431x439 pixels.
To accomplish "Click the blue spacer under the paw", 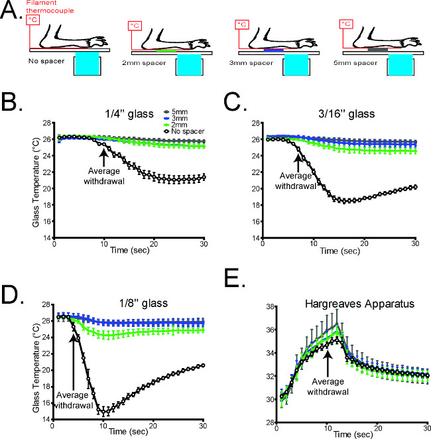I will pos(273,50).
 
